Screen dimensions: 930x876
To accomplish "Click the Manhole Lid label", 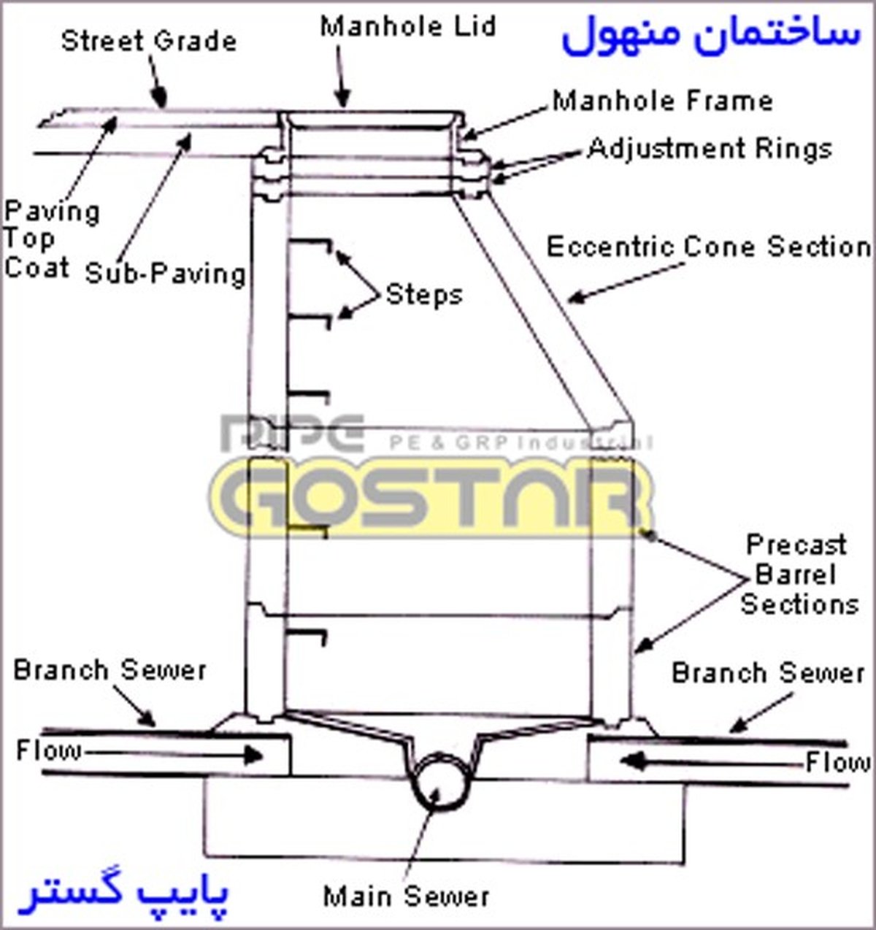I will point(408,27).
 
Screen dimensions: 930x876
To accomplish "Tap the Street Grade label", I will point(149,40).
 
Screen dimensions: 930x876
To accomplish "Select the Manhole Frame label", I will point(662,100).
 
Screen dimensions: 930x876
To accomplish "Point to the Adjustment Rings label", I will point(710,148).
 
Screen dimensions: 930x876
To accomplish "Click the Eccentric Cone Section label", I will point(709,247).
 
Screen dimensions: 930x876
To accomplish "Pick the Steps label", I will point(423,294).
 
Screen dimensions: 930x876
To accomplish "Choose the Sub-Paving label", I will point(166,273).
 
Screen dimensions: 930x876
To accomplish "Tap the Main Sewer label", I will point(406,896).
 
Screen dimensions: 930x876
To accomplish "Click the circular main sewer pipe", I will point(438,782).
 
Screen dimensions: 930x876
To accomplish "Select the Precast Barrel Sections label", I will point(798,574).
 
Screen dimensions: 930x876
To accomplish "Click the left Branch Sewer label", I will point(109,669).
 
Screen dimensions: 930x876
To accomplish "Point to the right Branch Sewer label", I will point(768,672).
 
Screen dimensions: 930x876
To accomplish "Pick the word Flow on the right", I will point(837,763).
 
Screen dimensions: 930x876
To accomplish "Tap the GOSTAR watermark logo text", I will point(431,500).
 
